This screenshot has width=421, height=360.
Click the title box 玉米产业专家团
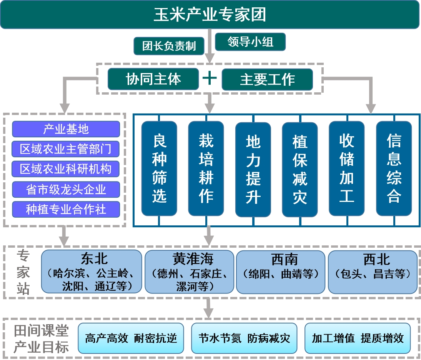(210, 14)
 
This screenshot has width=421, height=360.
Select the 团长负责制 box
(169, 46)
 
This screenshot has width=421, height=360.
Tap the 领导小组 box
(250, 42)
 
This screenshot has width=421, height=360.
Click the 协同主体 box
(153, 79)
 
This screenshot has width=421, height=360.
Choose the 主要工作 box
(268, 80)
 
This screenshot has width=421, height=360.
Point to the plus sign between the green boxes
(210, 78)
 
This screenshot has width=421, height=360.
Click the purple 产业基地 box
(66, 129)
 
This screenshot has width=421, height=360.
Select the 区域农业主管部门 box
(66, 149)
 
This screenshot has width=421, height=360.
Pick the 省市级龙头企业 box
(66, 189)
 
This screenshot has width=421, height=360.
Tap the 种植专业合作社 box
(66, 209)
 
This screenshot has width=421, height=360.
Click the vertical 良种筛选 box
(159, 168)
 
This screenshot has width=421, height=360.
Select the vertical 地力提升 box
(253, 170)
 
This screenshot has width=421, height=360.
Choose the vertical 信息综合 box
(394, 168)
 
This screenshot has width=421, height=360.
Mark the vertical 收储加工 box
(347, 168)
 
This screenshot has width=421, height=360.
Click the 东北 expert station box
(92, 272)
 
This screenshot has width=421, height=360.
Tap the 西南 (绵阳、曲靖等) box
(281, 272)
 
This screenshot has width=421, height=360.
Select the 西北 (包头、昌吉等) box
(373, 272)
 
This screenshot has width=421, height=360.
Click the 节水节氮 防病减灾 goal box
(244, 338)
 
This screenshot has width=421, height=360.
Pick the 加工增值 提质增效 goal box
(358, 338)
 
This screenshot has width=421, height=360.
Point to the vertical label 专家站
(23, 272)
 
